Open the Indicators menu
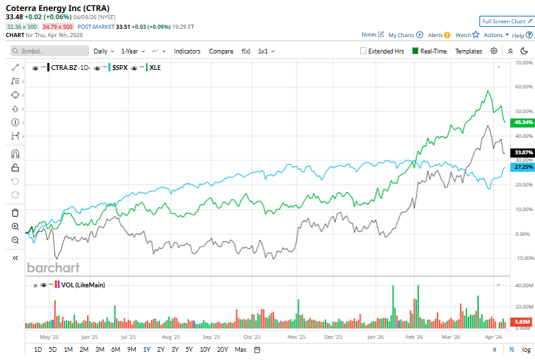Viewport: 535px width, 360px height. click(187, 51)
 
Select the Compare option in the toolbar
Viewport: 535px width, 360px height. click(221, 51)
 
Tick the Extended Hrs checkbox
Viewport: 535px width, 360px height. click(364, 51)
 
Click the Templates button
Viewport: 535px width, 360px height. click(468, 51)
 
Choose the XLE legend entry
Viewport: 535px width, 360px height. click(155, 67)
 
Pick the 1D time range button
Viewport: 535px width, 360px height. click(38, 350)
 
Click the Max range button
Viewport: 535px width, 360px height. click(241, 350)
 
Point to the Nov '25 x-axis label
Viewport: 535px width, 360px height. click(296, 337)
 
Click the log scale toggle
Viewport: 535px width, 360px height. click(525, 350)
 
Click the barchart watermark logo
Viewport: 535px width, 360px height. click(53, 267)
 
